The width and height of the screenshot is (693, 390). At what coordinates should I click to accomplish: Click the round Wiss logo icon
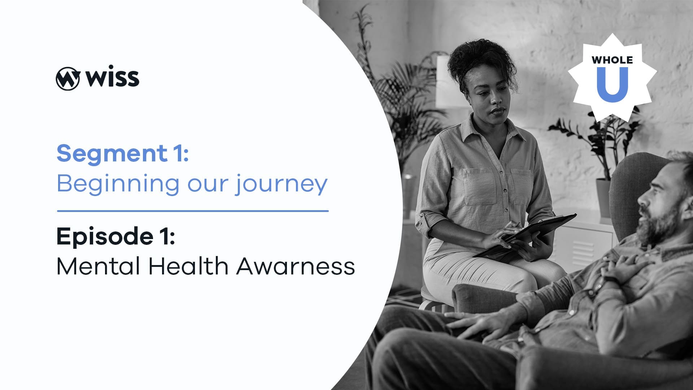click(x=67, y=78)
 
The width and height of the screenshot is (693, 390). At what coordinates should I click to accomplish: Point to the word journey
click(x=282, y=185)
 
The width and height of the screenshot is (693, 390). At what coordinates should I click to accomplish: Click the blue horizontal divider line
click(x=193, y=211)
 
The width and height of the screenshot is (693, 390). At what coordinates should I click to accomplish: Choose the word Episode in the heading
click(x=105, y=236)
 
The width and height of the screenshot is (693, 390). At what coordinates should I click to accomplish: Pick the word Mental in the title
click(x=98, y=266)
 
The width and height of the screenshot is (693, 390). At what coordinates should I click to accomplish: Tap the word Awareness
click(x=296, y=266)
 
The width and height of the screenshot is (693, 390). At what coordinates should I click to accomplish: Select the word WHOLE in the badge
click(x=612, y=60)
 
